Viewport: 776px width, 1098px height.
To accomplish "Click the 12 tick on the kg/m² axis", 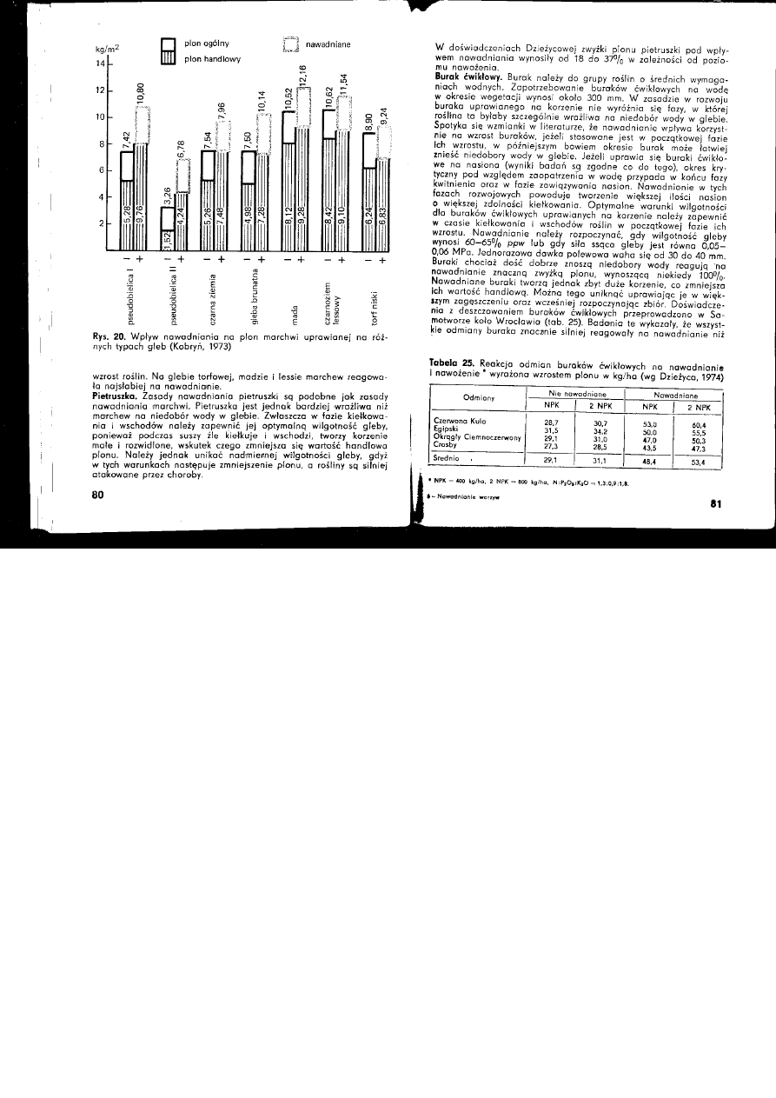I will tap(100, 90).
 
